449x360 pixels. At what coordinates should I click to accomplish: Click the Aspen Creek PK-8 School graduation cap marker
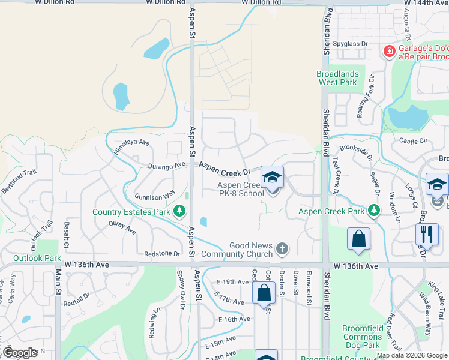tap(272, 178)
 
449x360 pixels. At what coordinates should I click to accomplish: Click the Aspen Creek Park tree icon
tap(374, 211)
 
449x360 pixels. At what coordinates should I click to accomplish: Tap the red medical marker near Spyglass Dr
tap(390, 52)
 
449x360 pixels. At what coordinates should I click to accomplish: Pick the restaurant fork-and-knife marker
tap(426, 234)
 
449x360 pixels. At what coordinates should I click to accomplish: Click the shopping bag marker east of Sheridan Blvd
tap(358, 238)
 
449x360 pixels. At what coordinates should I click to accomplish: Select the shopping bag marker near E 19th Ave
tap(264, 293)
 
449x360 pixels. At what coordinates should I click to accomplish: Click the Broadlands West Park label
tap(337, 78)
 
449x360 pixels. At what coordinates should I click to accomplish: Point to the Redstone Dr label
tap(162, 254)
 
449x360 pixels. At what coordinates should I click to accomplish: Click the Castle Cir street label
tap(413, 141)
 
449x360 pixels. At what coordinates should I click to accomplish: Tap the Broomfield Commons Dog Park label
tap(361, 337)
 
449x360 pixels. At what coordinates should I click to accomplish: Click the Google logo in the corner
tap(20, 352)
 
